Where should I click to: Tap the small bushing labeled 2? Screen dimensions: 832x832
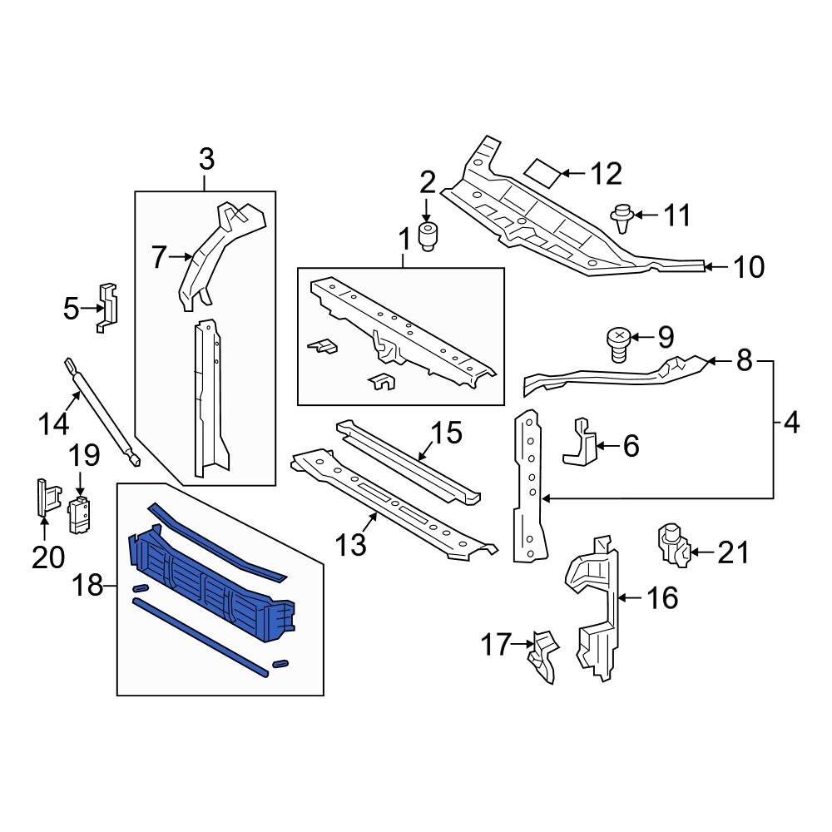pyautogui.click(x=429, y=236)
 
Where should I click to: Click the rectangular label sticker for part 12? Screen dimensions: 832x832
pyautogui.click(x=542, y=172)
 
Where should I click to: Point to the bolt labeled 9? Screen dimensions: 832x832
pyautogui.click(x=617, y=344)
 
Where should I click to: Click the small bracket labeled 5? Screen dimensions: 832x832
pyautogui.click(x=106, y=307)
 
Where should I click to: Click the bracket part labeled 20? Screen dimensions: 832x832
pyautogui.click(x=44, y=499)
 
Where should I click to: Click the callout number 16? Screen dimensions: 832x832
pyautogui.click(x=661, y=597)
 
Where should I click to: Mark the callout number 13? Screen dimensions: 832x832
pyautogui.click(x=351, y=545)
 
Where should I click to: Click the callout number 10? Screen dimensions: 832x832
pyautogui.click(x=749, y=266)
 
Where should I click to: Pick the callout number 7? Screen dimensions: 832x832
pyautogui.click(x=160, y=257)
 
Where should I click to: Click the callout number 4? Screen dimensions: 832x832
pyautogui.click(x=790, y=423)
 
